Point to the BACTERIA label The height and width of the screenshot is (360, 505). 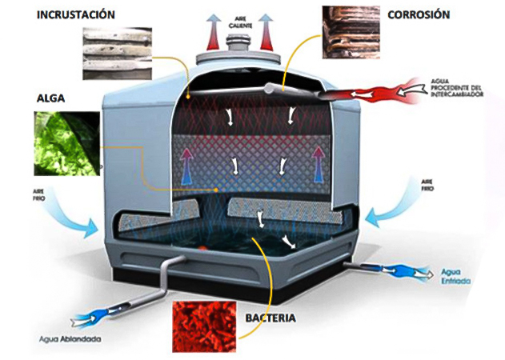(270, 318)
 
